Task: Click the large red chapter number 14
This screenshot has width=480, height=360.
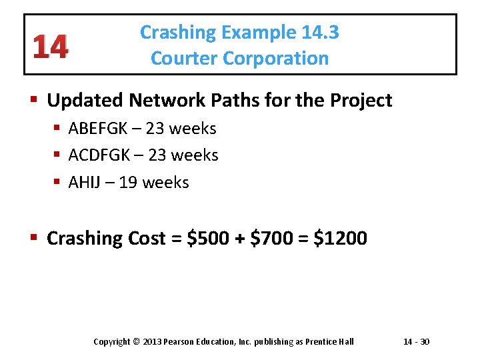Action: (49, 46)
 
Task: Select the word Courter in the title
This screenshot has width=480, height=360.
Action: (185, 59)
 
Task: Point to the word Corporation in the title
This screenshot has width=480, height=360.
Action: (275, 59)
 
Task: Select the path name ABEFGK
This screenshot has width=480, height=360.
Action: (99, 128)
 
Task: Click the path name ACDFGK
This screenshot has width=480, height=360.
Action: (100, 155)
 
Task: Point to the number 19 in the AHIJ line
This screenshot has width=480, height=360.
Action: (127, 183)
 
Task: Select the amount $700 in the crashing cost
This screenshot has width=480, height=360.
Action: (271, 239)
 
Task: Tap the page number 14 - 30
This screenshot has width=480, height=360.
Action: (417, 342)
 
